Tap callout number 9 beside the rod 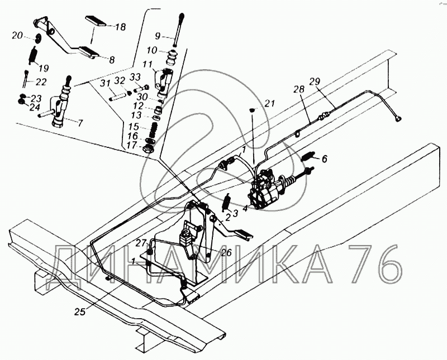pos(158,36)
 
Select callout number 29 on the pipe pos(315,81)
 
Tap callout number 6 pos(325,159)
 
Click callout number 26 pos(225,252)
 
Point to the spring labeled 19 pos(33,55)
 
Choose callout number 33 pos(135,77)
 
